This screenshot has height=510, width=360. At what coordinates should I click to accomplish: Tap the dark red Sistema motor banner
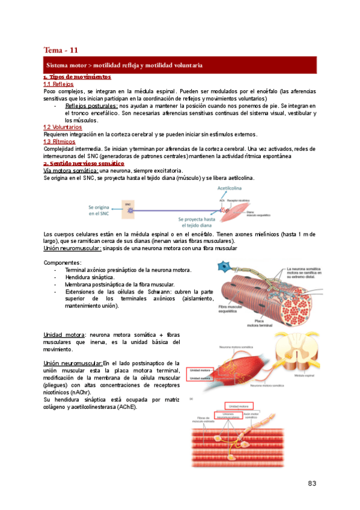click(180, 64)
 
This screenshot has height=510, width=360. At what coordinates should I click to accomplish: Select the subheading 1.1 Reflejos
click(59, 85)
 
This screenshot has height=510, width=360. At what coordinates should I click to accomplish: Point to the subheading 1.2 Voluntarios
click(63, 127)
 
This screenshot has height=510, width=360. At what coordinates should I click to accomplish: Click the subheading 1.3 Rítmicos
click(60, 141)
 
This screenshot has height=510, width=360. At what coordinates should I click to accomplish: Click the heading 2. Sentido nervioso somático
click(84, 164)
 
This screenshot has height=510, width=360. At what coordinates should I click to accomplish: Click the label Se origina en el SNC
click(102, 209)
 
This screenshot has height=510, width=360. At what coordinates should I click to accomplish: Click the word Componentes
click(63, 263)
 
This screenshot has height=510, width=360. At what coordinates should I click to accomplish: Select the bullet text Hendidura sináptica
click(90, 277)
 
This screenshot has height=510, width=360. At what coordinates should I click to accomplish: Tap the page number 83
click(311, 484)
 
